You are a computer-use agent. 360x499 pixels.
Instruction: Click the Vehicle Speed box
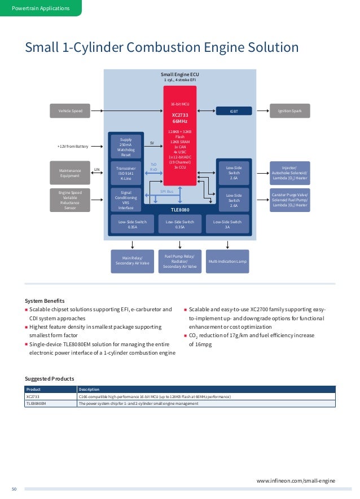tap(70, 111)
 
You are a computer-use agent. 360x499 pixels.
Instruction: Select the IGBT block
tap(234, 111)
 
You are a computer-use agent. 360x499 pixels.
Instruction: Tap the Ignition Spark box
tap(289, 111)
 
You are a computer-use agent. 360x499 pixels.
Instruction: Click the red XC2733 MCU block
tap(179, 135)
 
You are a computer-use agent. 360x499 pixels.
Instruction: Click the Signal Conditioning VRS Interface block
tap(126, 200)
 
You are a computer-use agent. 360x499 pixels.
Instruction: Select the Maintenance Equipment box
tap(70, 173)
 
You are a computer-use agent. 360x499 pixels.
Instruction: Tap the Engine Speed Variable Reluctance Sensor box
tap(70, 200)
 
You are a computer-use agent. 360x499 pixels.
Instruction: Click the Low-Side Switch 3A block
tap(227, 224)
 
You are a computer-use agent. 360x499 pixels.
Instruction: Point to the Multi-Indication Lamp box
tap(227, 262)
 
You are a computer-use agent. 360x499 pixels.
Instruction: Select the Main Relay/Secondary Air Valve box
tap(133, 261)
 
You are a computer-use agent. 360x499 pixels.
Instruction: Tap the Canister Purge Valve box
tap(289, 200)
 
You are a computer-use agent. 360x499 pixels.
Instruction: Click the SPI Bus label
tap(166, 192)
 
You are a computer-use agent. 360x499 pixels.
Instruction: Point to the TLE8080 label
tap(179, 209)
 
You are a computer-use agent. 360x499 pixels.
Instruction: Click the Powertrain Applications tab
tap(41, 8)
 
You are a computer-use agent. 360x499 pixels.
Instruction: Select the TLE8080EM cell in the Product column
tap(35, 403)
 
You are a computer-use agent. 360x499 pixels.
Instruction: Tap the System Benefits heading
tap(45, 301)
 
